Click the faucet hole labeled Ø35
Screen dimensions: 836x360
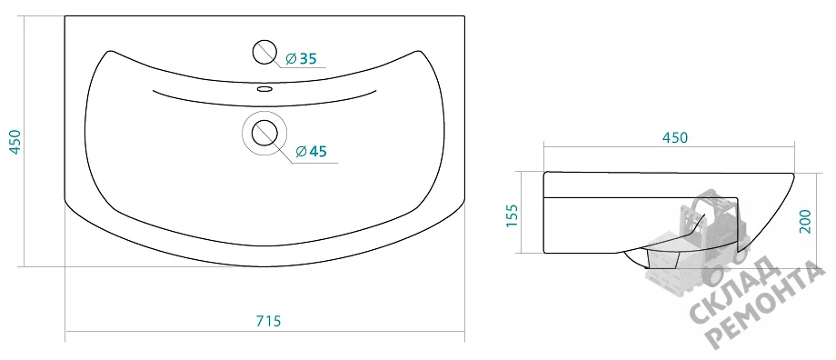pyautogui.click(x=264, y=52)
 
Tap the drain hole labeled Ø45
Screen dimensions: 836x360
pyautogui.click(x=265, y=133)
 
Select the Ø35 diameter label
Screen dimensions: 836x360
pyautogui.click(x=302, y=59)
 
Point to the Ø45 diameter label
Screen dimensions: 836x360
pyautogui.click(x=310, y=152)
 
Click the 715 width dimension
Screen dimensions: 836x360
pyautogui.click(x=268, y=322)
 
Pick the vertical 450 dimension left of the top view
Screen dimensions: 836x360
pyautogui.click(x=15, y=141)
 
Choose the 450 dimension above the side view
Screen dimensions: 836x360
pyautogui.click(x=675, y=137)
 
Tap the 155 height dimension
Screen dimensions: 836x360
pyautogui.click(x=512, y=215)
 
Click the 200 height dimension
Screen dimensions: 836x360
pyautogui.click(x=805, y=221)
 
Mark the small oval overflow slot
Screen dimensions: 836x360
pyautogui.click(x=264, y=88)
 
